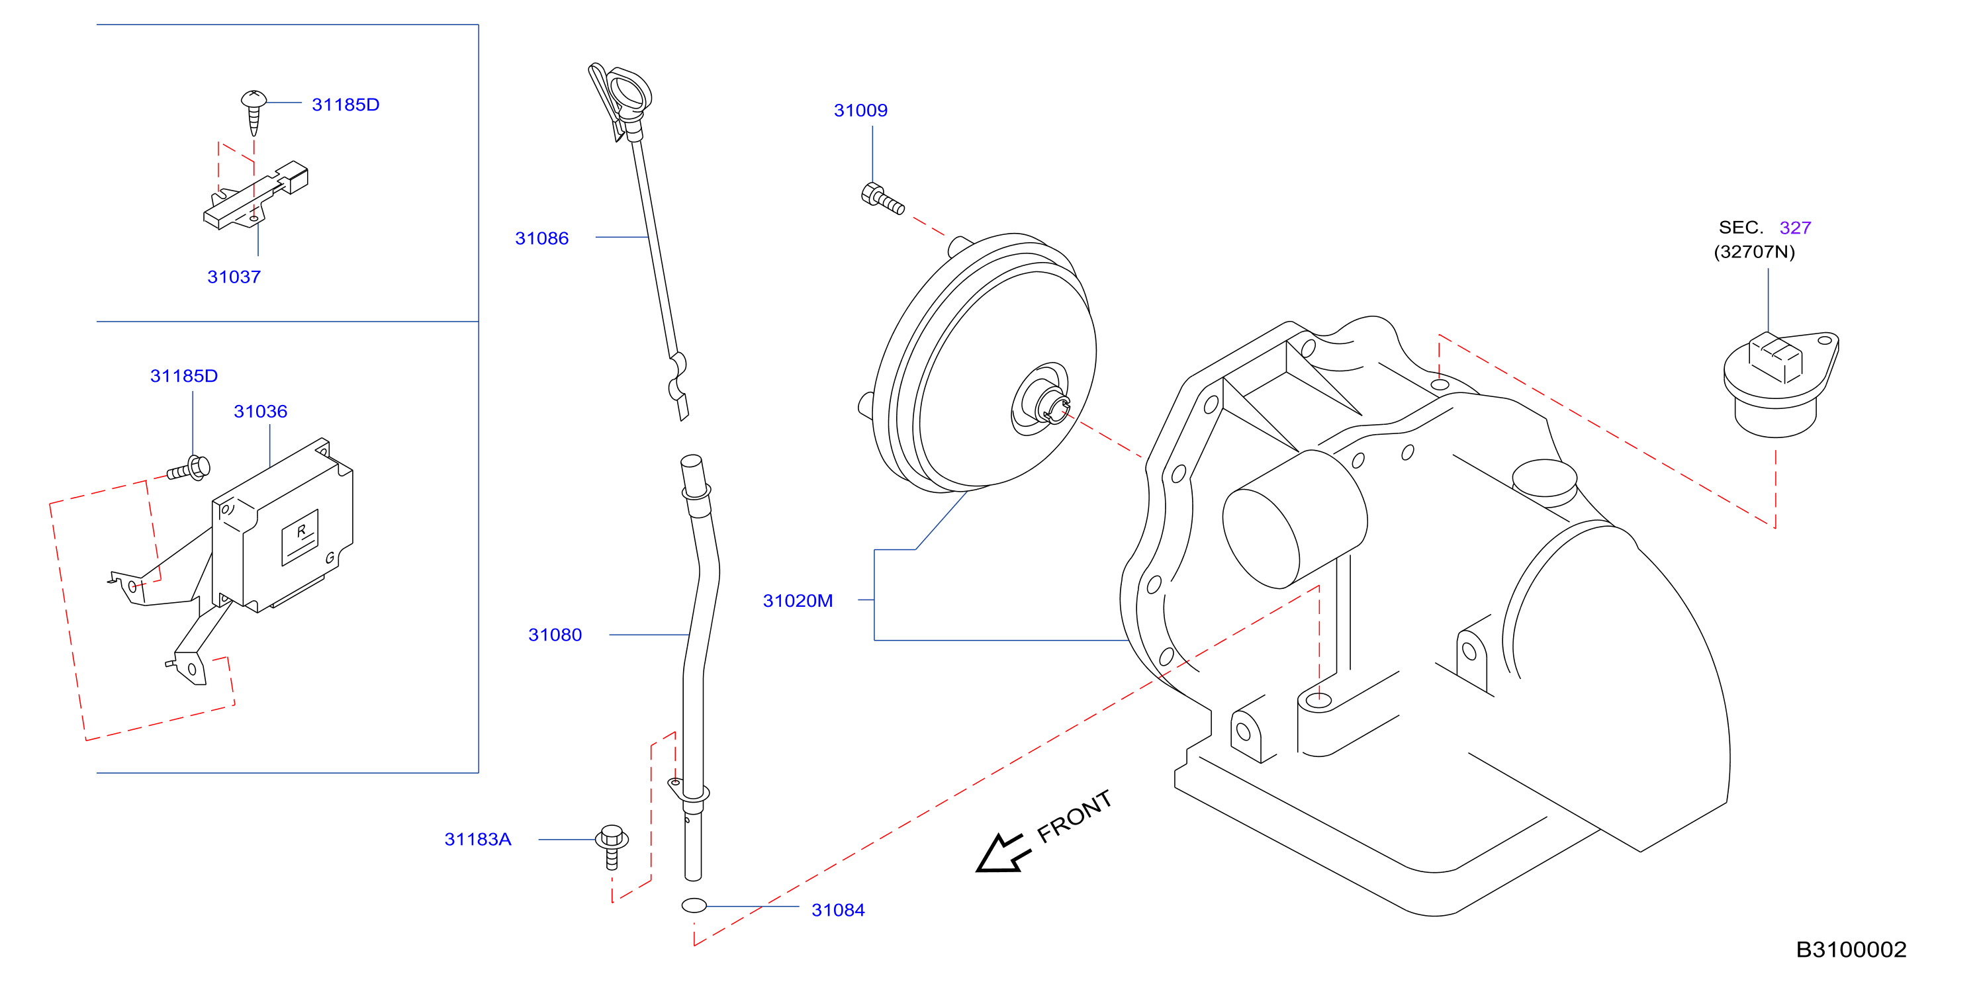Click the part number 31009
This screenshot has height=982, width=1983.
click(x=860, y=110)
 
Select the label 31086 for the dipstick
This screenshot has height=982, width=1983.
click(x=542, y=239)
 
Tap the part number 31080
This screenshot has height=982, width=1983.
click(x=555, y=635)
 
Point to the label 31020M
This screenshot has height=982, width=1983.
click(x=798, y=601)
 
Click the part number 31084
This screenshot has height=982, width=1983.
click(x=839, y=911)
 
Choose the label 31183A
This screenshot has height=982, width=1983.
click(x=478, y=840)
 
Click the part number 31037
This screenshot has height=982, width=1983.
click(x=234, y=277)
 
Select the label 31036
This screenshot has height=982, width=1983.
click(x=260, y=412)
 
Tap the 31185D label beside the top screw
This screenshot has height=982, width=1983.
click(x=346, y=105)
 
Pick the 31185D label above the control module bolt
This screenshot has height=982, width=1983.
click(x=184, y=377)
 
